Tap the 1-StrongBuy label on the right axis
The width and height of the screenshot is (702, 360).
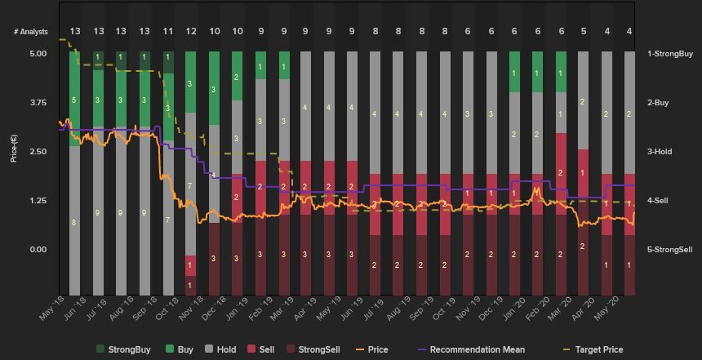[669, 54]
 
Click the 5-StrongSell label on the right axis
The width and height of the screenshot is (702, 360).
[670, 250]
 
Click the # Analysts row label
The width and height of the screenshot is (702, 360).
[30, 32]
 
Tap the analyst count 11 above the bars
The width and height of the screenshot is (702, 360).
[168, 32]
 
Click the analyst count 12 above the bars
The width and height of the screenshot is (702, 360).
[191, 32]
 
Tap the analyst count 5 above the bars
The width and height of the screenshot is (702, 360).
[584, 32]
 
